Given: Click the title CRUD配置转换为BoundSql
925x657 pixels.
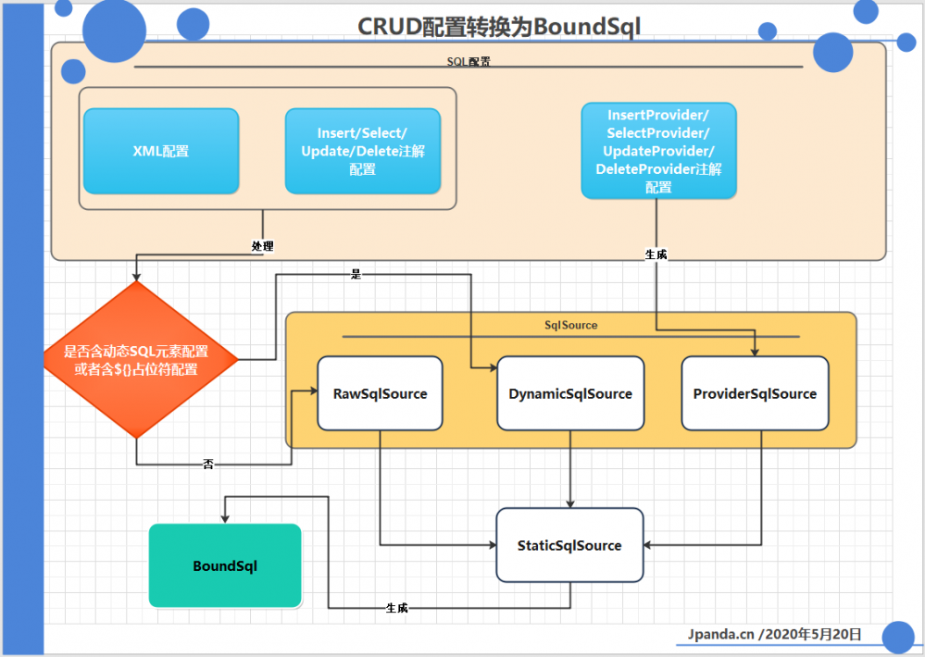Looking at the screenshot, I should point(499,27).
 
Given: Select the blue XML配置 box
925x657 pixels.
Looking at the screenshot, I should point(160,151).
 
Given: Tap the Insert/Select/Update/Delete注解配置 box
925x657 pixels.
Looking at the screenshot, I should point(362,151).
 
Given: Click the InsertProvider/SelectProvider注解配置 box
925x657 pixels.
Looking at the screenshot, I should point(658,151).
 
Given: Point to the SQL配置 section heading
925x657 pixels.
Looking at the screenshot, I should point(469,61).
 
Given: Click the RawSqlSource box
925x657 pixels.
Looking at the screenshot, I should point(380,393).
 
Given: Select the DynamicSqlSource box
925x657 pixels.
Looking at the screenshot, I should point(569,393).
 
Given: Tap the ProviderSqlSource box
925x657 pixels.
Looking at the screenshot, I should point(755,393).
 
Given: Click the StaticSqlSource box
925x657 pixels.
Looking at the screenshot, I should point(569,545).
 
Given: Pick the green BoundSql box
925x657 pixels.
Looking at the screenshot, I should point(225,565).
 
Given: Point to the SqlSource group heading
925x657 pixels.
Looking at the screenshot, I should point(570,326).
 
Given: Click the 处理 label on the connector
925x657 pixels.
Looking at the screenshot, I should point(263,247).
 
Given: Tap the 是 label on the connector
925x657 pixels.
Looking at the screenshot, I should point(356,275).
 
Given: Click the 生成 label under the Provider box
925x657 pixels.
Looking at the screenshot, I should point(656,254).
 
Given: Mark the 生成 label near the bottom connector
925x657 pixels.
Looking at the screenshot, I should point(396,608).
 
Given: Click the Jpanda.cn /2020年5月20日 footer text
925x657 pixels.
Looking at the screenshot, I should point(775,634).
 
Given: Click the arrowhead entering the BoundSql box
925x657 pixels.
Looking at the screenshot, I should point(225,519).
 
